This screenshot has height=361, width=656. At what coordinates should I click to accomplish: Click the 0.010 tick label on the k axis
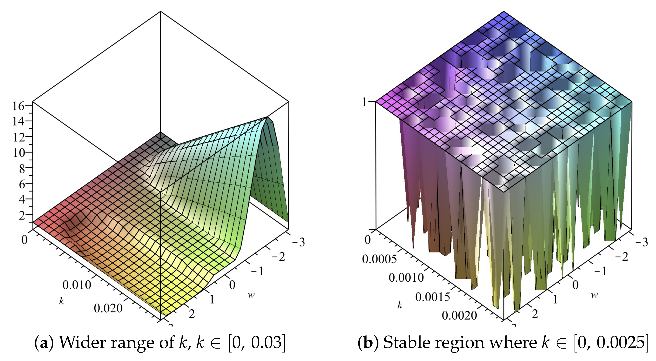77,285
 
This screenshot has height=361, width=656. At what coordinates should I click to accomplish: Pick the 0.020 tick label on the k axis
108,308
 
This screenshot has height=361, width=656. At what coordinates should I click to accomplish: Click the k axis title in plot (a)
61,301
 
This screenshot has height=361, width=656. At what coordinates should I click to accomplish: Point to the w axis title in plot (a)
251,295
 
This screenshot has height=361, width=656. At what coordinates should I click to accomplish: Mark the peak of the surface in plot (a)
267,117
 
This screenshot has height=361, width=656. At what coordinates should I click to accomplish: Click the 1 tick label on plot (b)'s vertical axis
365,102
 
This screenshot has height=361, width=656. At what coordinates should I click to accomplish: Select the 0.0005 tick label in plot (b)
379,259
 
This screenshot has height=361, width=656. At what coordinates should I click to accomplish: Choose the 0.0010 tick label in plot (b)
406,277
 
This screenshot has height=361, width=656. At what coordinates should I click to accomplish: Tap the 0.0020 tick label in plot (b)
459,316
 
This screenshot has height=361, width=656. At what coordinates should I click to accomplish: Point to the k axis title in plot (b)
400,305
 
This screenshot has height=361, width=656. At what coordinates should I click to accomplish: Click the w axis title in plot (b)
594,295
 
